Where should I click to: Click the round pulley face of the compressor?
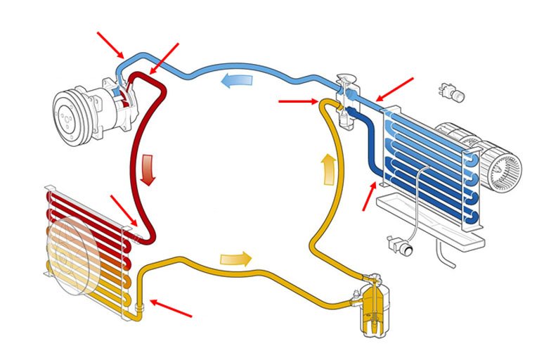[73, 112]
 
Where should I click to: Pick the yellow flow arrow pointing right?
[235, 258]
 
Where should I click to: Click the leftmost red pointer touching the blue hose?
[110, 44]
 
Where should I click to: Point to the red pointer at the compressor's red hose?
[164, 57]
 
